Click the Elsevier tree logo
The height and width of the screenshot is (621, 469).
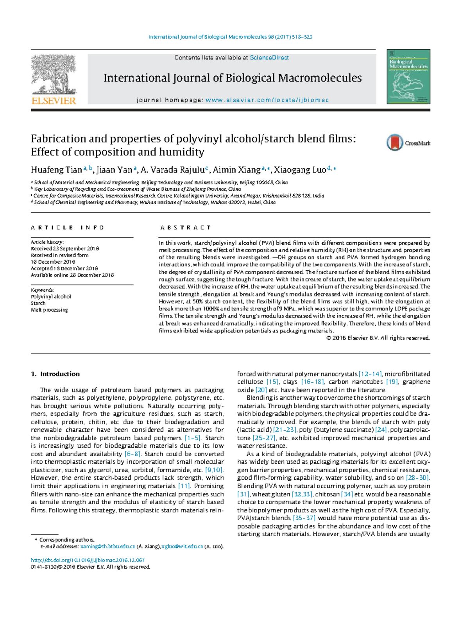pyautogui.click(x=54, y=79)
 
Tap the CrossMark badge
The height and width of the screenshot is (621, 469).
pyautogui.click(x=408, y=143)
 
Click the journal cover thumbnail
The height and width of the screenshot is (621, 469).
pyautogui.click(x=408, y=77)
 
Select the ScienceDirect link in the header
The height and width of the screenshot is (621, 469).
pyautogui.click(x=269, y=57)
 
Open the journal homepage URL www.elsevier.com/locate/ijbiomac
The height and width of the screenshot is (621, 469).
pyautogui.click(x=267, y=100)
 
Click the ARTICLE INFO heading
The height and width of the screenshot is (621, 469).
pyautogui.click(x=68, y=227)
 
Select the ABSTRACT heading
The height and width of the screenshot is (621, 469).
pyautogui.click(x=186, y=227)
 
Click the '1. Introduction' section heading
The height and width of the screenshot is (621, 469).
pyautogui.click(x=55, y=374)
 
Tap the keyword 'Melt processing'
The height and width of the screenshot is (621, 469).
pyautogui.click(x=49, y=310)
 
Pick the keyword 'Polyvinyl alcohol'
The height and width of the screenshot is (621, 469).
pyautogui.click(x=51, y=296)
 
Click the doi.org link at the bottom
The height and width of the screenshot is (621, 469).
pyautogui.click(x=88, y=560)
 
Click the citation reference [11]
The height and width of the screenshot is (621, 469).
pyautogui.click(x=184, y=486)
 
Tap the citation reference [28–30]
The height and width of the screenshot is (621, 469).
pyautogui.click(x=418, y=478)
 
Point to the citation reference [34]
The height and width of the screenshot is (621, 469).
pyautogui.click(x=347, y=494)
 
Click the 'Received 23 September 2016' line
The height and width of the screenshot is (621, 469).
pyautogui.click(x=65, y=248)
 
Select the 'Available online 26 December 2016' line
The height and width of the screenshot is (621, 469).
pyautogui.click(x=72, y=275)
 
